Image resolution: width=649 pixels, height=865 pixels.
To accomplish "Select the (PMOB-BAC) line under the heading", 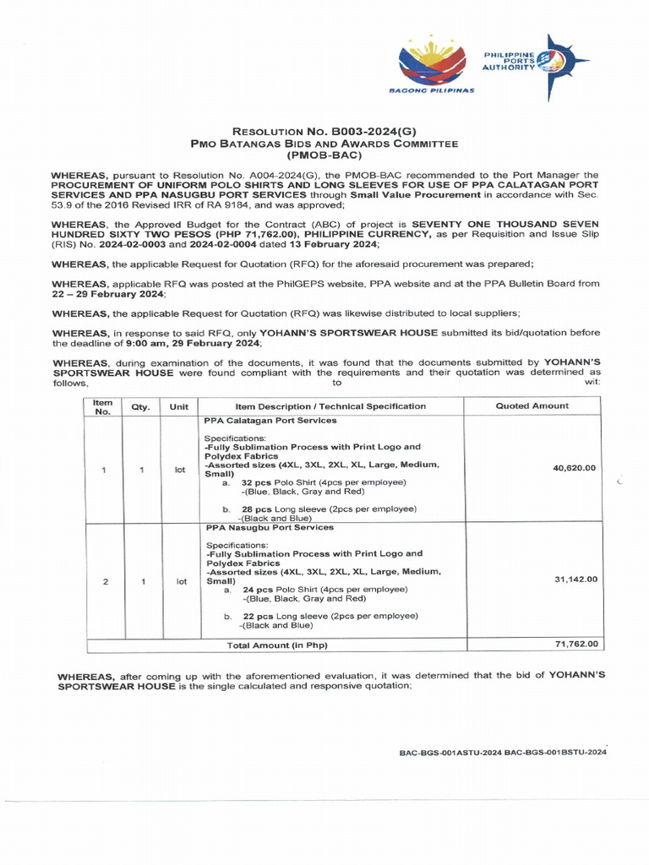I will click(x=324, y=156).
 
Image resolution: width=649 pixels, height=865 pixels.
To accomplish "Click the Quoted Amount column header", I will click(x=532, y=406).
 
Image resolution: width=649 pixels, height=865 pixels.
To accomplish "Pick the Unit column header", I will click(x=179, y=406).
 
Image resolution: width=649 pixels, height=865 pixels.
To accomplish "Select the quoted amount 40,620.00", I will click(x=575, y=468).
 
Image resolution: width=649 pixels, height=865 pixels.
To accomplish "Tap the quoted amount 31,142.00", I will click(x=575, y=579).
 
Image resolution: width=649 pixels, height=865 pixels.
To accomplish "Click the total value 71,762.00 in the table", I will click(x=575, y=644).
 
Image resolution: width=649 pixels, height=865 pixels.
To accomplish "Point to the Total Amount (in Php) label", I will click(x=277, y=645).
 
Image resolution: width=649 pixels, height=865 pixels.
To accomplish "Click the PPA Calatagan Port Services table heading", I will click(x=270, y=420).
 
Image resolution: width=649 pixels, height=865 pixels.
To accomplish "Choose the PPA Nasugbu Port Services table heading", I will click(x=269, y=527).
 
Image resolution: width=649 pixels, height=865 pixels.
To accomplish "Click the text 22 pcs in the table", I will click(x=256, y=617).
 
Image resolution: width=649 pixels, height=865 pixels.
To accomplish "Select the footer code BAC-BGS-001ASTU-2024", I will click(x=450, y=752).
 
